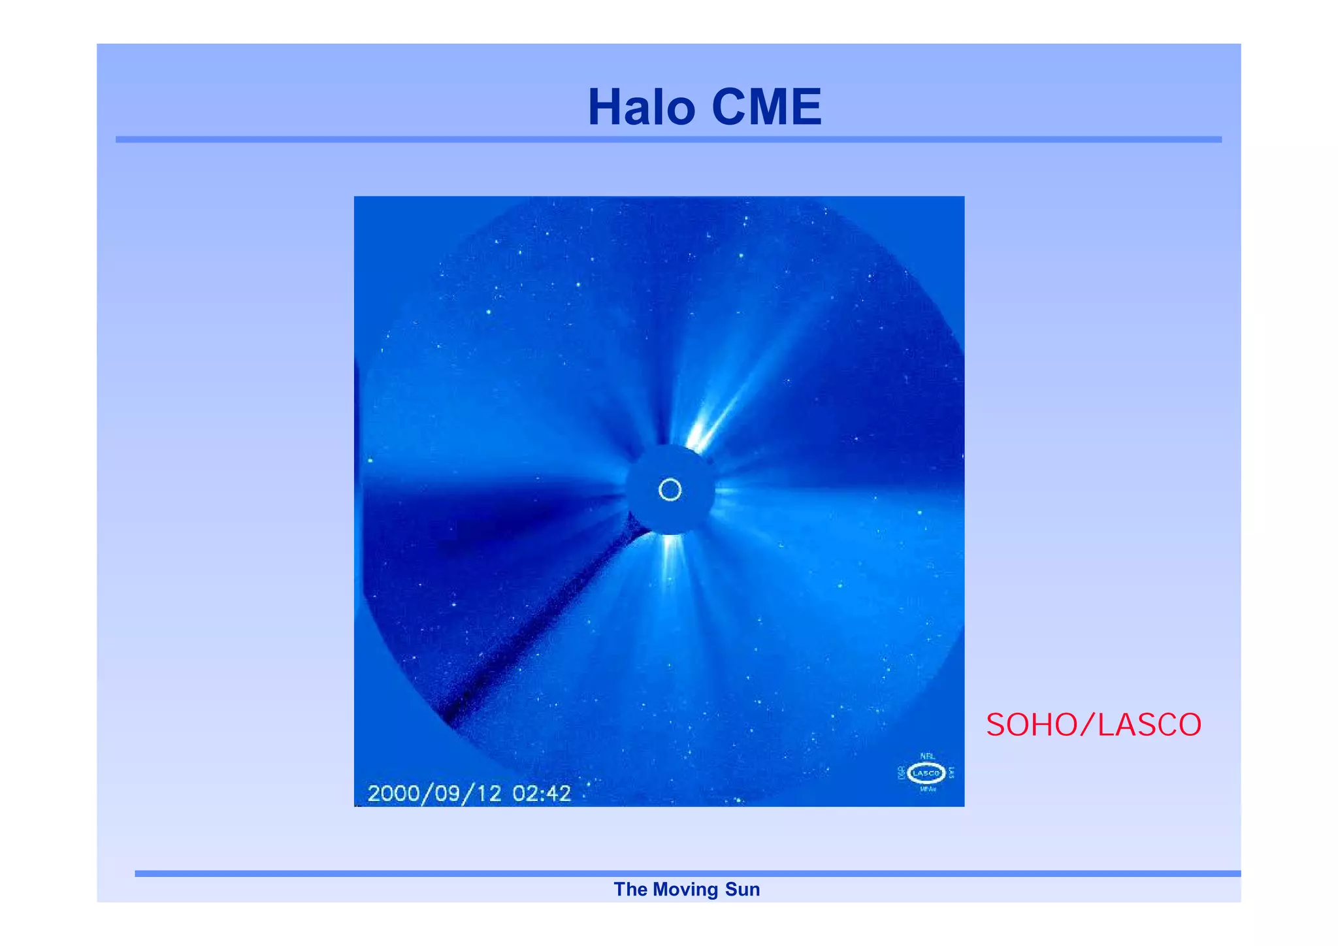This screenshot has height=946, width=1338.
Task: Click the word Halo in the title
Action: [641, 107]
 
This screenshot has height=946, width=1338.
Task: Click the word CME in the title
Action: [766, 107]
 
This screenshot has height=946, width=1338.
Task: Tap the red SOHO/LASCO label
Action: [1093, 725]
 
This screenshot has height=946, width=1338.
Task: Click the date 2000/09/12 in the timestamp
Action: [434, 793]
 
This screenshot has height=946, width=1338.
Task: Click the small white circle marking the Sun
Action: [670, 489]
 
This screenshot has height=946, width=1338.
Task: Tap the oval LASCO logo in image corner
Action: [926, 773]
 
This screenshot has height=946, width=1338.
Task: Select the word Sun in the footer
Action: [743, 889]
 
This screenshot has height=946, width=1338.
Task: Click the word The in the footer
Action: [630, 889]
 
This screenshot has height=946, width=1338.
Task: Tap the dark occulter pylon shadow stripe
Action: [536, 627]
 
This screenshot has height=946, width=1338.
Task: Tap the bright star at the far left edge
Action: [370, 461]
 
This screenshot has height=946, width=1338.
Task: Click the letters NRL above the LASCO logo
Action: [927, 756]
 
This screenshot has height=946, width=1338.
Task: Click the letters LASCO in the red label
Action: [1149, 725]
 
